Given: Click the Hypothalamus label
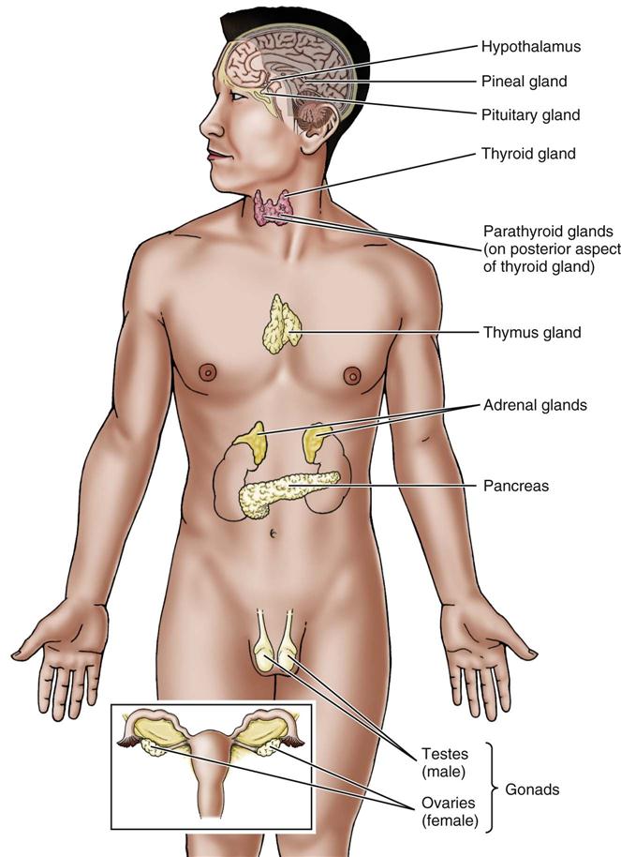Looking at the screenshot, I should (x=530, y=45).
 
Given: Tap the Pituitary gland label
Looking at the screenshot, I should (x=531, y=115).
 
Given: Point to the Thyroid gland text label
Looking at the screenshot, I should (x=528, y=152).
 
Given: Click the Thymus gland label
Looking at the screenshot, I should (x=532, y=332).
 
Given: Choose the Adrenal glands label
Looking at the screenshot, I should (x=535, y=406).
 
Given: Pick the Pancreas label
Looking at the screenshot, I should (x=515, y=486).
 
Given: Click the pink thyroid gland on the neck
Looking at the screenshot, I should (x=273, y=207).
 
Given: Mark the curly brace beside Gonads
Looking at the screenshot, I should (x=490, y=789).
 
